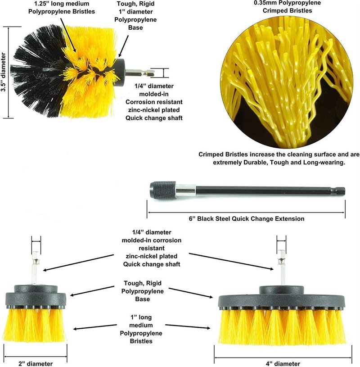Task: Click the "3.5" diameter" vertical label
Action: [3, 72]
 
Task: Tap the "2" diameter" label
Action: [36, 363]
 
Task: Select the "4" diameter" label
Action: [283, 363]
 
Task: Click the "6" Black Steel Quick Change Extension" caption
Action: [247, 218]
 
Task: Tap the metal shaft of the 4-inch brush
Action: [281, 267]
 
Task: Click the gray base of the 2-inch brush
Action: [36, 297]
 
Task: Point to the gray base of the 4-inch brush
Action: [282, 299]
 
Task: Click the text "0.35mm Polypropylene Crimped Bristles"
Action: [287, 7]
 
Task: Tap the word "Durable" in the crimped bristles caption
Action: [256, 162]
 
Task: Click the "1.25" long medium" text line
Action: [62, 4]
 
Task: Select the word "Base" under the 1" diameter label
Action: [135, 27]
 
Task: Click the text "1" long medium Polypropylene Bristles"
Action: [141, 329]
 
